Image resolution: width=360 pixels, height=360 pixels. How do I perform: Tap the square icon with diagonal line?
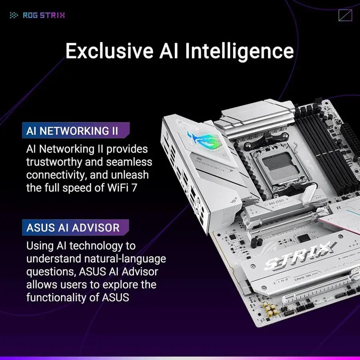(345, 16)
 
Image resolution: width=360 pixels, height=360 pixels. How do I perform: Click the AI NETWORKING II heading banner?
(76, 131)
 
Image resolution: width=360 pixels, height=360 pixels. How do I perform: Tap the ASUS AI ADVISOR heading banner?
(76, 228)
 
